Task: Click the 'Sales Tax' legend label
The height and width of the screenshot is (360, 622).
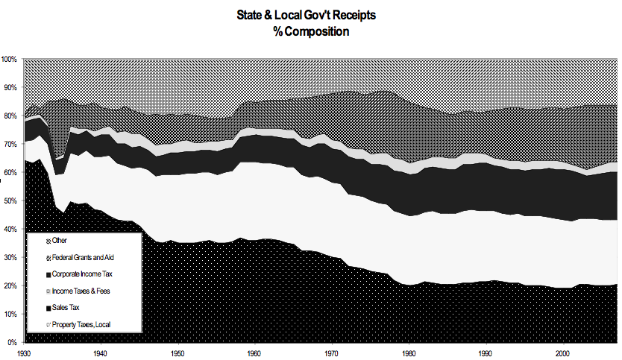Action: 66,307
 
